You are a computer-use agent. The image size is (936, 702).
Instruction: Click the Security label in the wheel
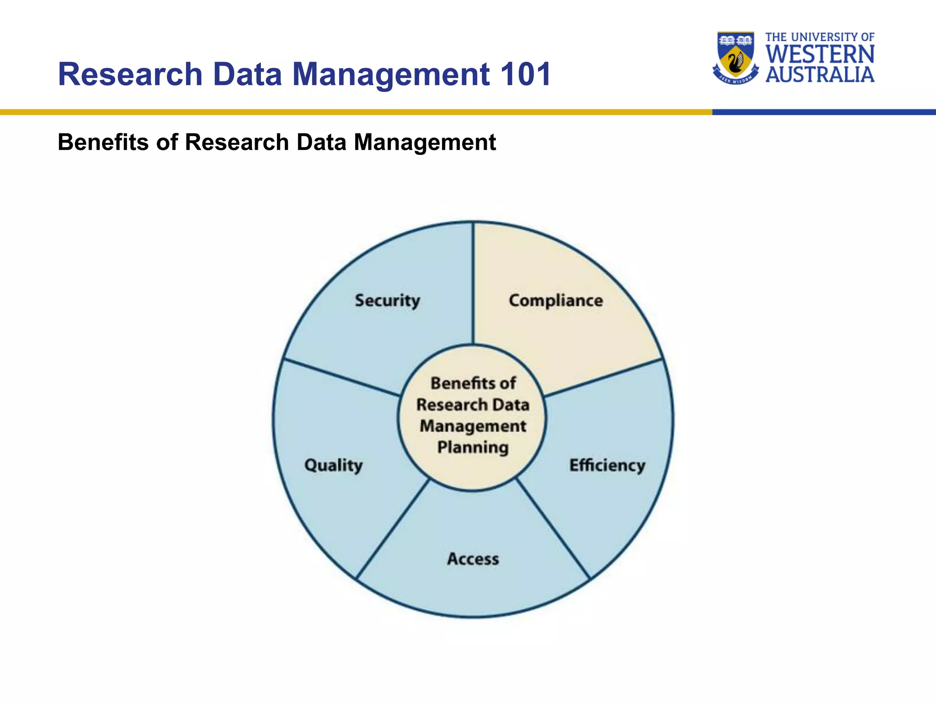tap(387, 301)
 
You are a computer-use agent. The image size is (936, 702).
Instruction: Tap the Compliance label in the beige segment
tap(556, 301)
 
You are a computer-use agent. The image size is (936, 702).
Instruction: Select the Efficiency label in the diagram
tap(607, 465)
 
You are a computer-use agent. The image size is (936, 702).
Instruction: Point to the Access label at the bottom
tap(473, 559)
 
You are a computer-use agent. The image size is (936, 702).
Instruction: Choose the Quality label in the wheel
tap(333, 465)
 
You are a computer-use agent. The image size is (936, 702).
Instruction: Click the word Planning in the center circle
tap(473, 447)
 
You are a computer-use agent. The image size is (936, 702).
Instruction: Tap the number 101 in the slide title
tap(526, 74)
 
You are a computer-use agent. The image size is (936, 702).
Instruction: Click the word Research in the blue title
tap(130, 74)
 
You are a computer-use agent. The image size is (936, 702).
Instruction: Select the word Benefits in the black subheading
tap(103, 142)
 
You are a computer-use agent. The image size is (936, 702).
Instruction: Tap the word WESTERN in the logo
tap(820, 54)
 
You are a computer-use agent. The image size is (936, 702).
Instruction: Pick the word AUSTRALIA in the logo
tap(820, 74)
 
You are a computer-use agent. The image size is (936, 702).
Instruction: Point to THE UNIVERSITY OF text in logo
tap(820, 37)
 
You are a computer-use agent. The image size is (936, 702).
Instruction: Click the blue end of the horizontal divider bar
tap(823, 112)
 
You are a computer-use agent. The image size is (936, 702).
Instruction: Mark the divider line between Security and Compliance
tap(473, 283)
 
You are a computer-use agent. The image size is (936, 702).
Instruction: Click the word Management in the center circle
tap(473, 426)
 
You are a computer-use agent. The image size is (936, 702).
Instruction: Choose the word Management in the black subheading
tap(425, 142)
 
